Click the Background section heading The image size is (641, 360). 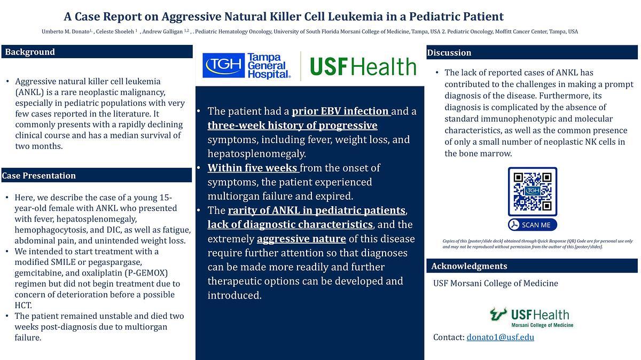coord(30,52)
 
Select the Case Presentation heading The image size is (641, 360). coord(38,175)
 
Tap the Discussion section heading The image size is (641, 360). coord(449,53)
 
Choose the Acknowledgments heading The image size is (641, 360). coord(470,266)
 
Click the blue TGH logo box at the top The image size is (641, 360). coord(223,65)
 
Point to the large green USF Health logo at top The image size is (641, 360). coord(363,66)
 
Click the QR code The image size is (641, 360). coord(532,191)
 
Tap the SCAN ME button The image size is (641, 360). coord(532,225)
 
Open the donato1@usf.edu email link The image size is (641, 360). coord(500,337)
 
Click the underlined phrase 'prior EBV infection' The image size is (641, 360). coord(341,111)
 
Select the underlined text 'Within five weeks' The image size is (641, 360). coord(253,168)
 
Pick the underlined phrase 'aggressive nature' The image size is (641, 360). coord(301,239)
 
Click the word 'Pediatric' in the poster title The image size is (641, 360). coord(434,17)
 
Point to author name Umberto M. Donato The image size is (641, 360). coord(66,32)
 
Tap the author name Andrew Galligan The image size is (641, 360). coord(162,32)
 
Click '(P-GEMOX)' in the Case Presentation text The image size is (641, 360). coord(146,273)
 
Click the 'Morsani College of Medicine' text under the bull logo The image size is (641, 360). coord(542,325)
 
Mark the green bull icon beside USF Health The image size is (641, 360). coord(498,314)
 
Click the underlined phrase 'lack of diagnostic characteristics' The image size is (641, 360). coord(290,224)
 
